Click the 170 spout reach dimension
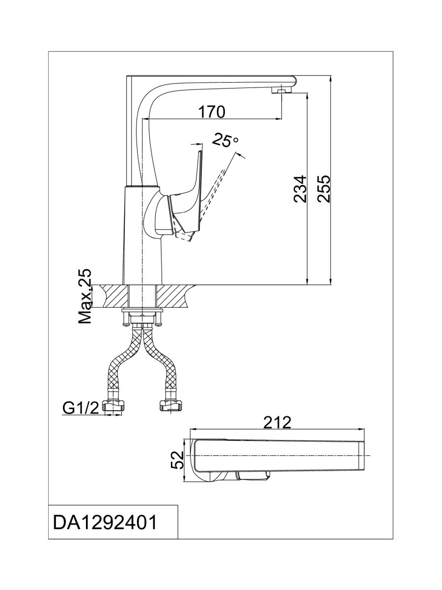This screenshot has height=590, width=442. click(212, 112)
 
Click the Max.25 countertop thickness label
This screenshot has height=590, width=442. click(85, 296)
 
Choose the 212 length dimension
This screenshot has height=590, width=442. click(277, 422)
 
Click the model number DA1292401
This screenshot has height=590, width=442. click(105, 523)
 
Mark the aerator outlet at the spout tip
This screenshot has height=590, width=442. click(281, 91)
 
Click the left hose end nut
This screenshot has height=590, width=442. click(115, 406)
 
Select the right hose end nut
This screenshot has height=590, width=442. click(170, 406)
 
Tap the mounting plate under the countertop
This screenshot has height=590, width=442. click(142, 311)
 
